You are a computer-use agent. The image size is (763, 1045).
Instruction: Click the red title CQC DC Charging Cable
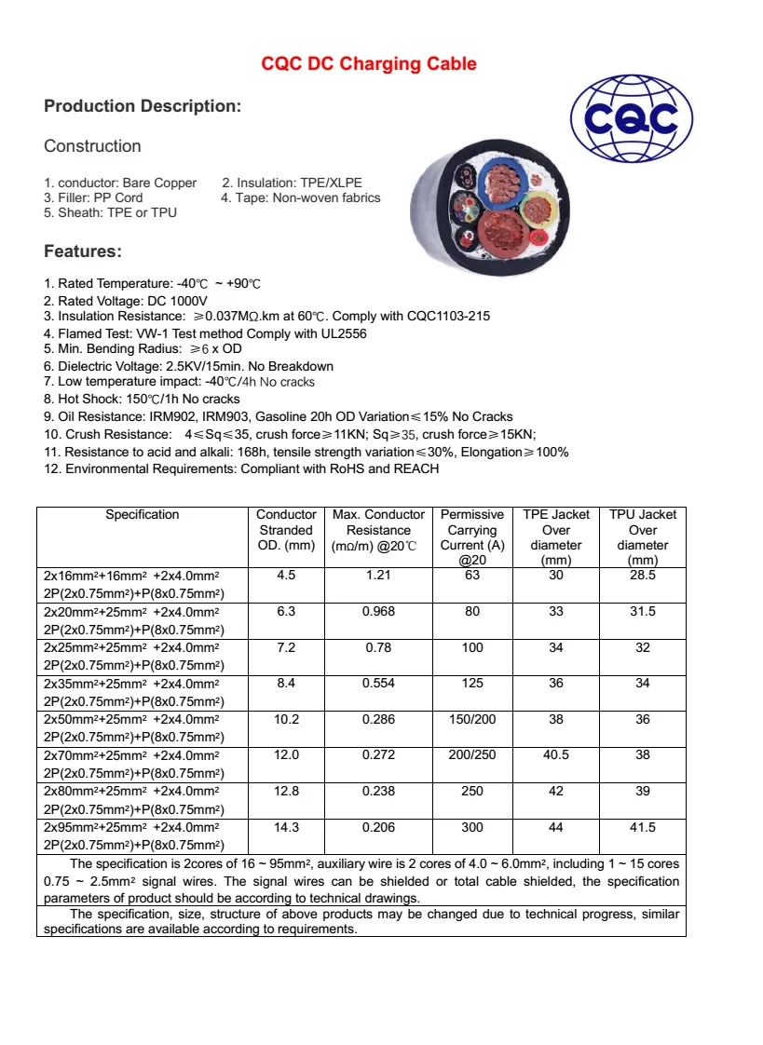click(369, 63)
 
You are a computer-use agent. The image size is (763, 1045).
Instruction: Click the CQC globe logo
click(631, 118)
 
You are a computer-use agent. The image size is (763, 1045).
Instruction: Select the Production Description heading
click(143, 106)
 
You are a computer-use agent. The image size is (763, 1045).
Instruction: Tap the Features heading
click(83, 251)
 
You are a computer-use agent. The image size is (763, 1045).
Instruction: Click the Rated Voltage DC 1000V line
click(126, 301)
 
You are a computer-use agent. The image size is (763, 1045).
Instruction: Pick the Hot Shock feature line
click(142, 399)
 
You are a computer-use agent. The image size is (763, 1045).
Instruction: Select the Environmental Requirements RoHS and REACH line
click(241, 468)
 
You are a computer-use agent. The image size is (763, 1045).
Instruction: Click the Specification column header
click(142, 514)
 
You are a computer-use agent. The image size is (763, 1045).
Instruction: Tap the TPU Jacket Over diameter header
click(642, 536)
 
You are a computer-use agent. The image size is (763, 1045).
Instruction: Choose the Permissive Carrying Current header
click(472, 536)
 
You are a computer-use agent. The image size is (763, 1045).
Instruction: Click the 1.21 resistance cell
click(378, 576)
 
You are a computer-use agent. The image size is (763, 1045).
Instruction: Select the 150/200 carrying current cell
click(472, 719)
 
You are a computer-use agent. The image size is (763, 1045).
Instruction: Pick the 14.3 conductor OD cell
click(286, 827)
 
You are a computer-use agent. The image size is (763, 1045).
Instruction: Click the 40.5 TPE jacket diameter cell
click(556, 755)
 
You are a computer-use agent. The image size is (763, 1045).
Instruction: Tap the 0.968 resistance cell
click(378, 612)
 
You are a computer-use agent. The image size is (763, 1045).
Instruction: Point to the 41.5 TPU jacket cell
click(642, 827)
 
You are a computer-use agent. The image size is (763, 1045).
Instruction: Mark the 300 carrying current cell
click(472, 827)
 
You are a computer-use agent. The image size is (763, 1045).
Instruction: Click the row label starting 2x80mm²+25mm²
click(132, 791)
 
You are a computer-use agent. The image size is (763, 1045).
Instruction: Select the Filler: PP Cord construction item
click(94, 197)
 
